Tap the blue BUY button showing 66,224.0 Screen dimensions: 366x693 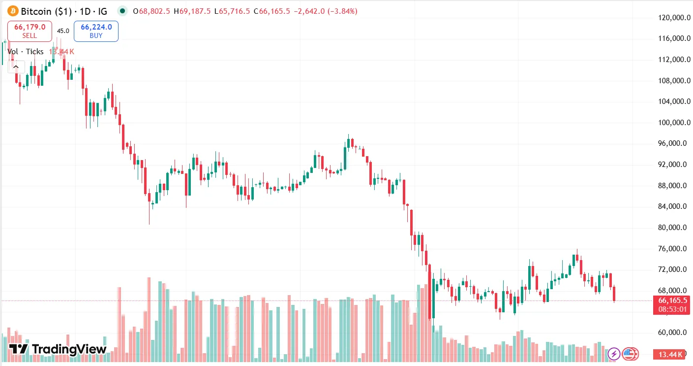coord(96,31)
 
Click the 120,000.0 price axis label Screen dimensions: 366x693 coord(672,18)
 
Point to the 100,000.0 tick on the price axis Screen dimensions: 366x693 coord(672,123)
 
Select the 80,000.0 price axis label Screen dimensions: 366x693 coord(672,228)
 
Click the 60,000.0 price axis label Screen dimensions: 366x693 coord(672,333)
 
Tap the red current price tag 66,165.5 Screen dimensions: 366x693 coord(671,300)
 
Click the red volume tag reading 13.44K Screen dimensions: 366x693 coord(670,354)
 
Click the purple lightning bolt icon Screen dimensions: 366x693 coord(614,353)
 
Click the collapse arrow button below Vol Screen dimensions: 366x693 coord(16,67)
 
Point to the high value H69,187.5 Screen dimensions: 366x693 coord(196,11)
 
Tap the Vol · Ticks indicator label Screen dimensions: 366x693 coord(26,52)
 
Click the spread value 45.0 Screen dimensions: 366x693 coord(63,31)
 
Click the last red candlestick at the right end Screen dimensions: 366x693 coord(614,294)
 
